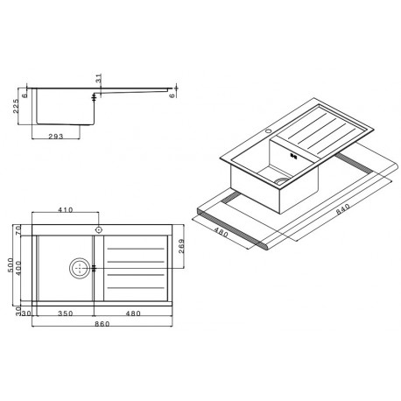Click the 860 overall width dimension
(102, 324)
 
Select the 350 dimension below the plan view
(66, 313)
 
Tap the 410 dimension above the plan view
(66, 210)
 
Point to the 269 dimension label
(181, 246)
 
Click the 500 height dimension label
(11, 265)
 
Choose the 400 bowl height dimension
(18, 269)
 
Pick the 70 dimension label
(18, 230)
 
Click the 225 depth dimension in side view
(17, 106)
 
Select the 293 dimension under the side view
(56, 137)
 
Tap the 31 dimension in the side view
(99, 78)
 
